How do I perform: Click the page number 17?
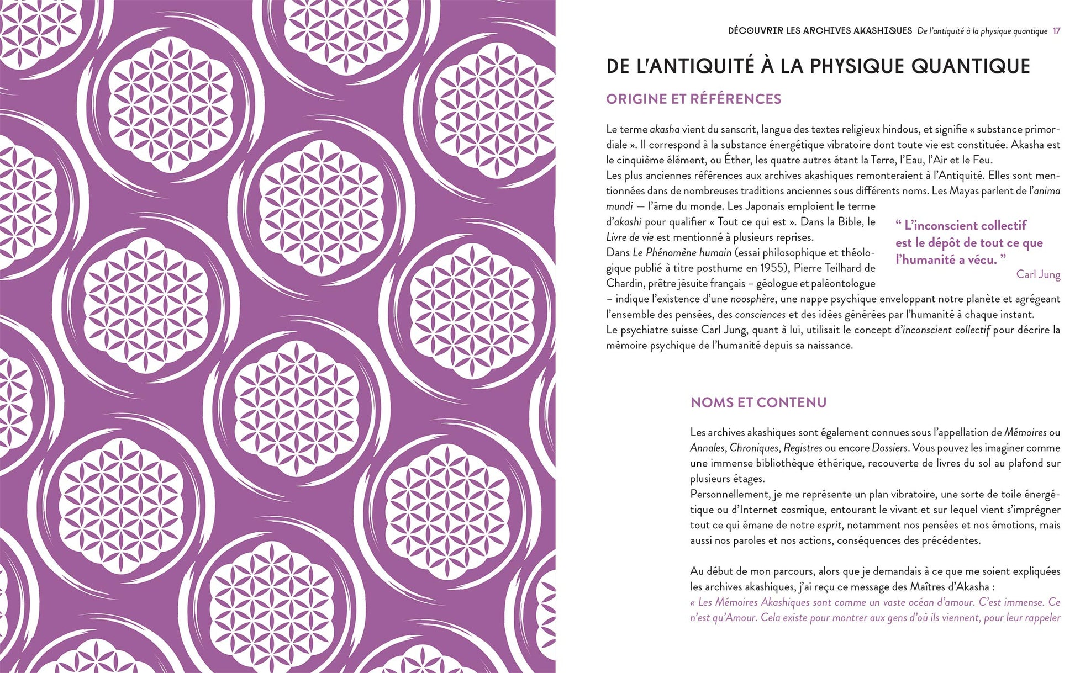point(1056,31)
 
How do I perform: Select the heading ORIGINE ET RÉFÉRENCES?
point(693,99)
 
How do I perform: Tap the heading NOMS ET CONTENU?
point(758,402)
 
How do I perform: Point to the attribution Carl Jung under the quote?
point(1038,274)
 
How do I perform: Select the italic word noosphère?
point(752,299)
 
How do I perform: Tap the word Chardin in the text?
point(624,283)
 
